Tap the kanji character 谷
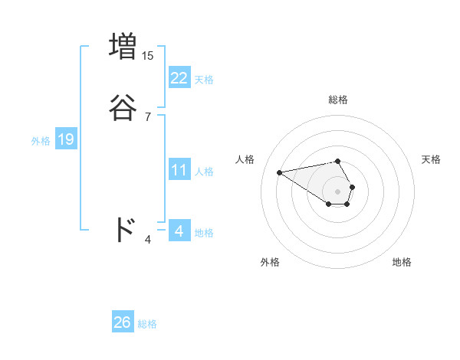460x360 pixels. click(123, 107)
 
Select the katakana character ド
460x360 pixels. click(123, 229)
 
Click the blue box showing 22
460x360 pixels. click(179, 77)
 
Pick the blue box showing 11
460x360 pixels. click(179, 170)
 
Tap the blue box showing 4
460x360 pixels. click(179, 231)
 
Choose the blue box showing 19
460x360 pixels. click(65, 139)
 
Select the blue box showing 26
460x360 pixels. click(123, 322)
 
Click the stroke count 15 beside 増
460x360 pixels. click(148, 56)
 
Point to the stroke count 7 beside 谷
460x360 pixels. click(148, 117)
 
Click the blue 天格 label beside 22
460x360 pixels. click(203, 79)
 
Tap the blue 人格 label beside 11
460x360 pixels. click(203, 172)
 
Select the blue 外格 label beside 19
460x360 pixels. click(41, 141)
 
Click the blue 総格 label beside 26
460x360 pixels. click(147, 324)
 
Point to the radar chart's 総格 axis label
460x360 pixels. click(338, 100)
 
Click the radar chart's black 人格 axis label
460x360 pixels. click(245, 159)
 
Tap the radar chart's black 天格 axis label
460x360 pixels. click(431, 159)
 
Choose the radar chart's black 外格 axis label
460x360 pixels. click(270, 262)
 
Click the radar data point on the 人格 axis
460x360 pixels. click(280, 172)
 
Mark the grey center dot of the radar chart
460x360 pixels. click(338, 191)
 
